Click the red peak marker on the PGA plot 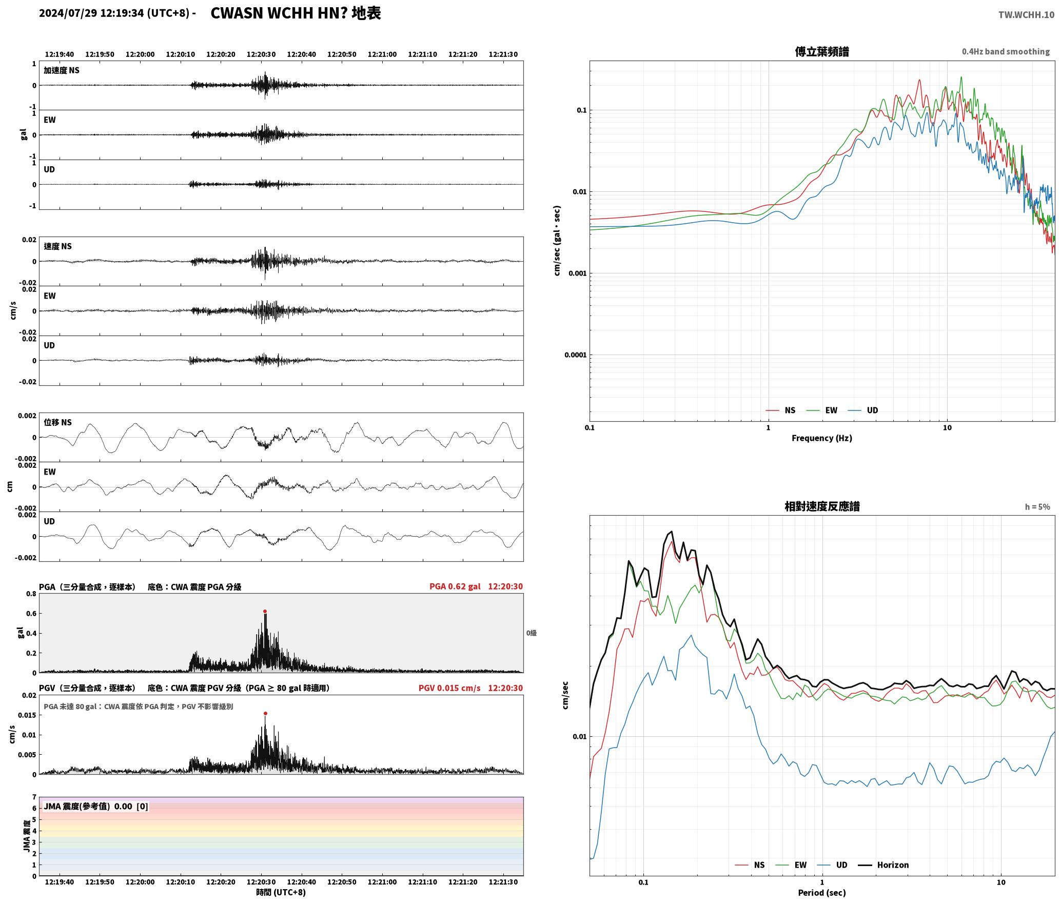(265, 612)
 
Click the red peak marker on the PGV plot (265, 713)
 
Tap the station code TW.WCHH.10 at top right (1026, 15)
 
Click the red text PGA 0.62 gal (455, 586)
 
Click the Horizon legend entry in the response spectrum (884, 865)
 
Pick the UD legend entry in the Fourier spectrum (863, 410)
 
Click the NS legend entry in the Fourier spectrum (780, 410)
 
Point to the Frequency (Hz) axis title (822, 438)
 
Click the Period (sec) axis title (822, 893)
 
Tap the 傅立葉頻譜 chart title (822, 52)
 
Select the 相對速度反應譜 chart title (822, 506)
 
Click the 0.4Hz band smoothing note (1006, 52)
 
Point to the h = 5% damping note (1037, 507)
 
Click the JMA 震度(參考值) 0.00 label (96, 806)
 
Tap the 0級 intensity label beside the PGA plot (531, 633)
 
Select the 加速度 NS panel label (62, 70)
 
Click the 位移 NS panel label (58, 422)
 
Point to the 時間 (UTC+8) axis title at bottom (281, 892)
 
